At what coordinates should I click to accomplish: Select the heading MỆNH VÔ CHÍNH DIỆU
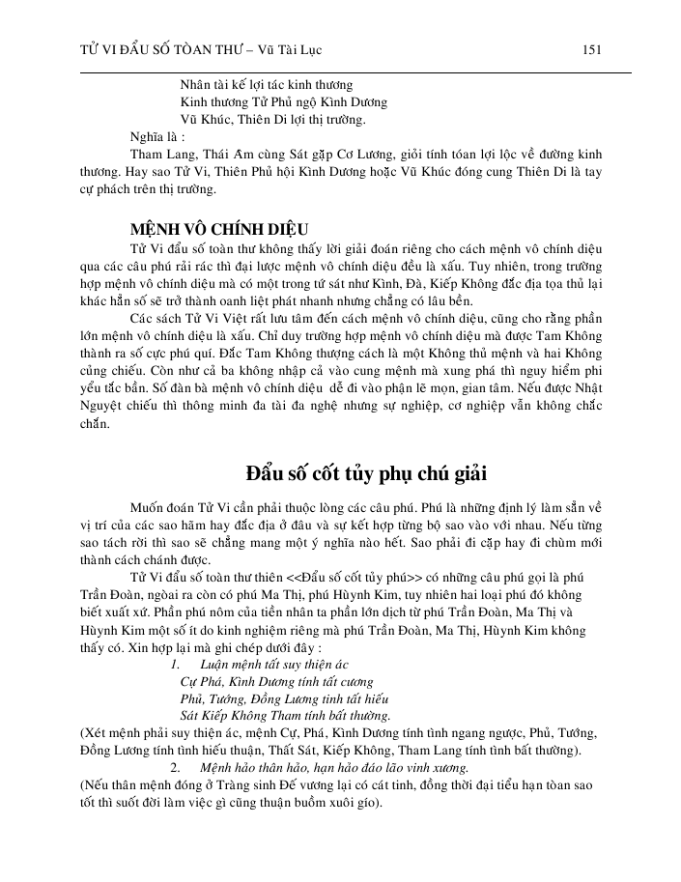pos(219,230)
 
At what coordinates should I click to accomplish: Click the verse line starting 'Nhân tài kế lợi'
pos(267,85)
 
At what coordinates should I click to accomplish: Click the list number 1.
pos(174,666)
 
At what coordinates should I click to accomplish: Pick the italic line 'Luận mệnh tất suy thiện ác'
pos(273,666)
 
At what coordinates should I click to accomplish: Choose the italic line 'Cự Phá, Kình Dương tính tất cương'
pos(276,682)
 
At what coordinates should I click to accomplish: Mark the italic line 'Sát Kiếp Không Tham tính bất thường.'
pos(285,716)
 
